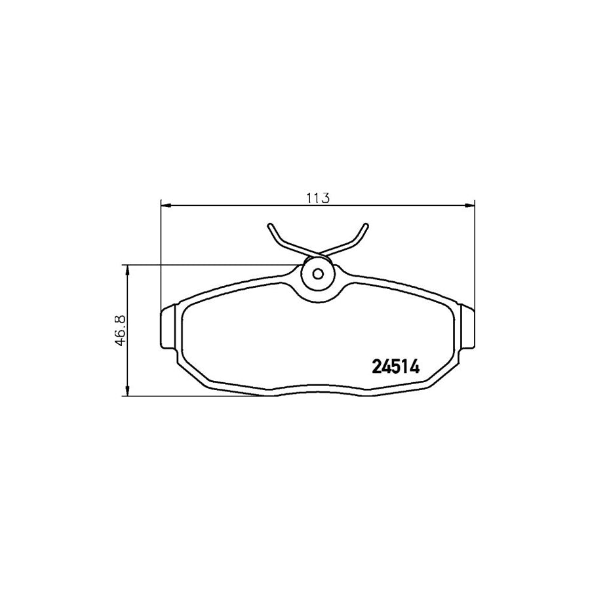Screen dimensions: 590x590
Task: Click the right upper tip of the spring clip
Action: [x=365, y=226]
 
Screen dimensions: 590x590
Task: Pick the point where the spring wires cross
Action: [x=318, y=253]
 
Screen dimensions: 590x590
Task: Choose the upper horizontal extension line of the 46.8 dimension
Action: [x=210, y=265]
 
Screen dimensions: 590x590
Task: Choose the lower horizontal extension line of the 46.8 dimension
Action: [x=197, y=396]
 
